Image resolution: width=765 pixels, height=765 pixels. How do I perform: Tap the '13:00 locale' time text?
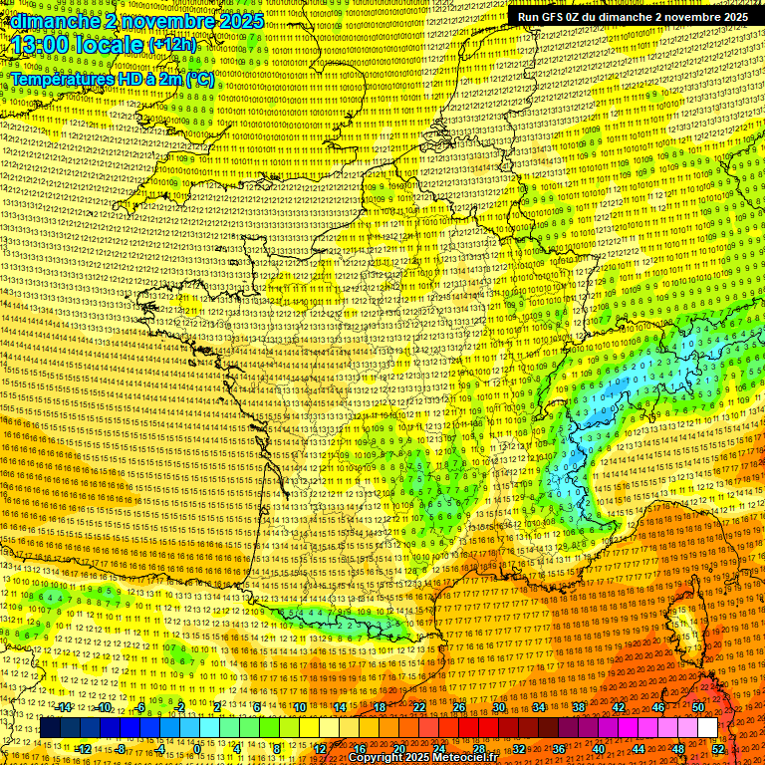(77, 45)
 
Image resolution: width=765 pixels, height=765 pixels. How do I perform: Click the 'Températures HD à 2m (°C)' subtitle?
(113, 79)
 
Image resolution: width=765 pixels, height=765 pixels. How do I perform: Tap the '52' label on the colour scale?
(718, 749)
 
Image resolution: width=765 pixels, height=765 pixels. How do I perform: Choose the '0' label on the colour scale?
(199, 749)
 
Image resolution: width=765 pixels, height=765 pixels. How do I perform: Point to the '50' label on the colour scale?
(698, 707)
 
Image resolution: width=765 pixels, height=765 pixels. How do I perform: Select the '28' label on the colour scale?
(478, 749)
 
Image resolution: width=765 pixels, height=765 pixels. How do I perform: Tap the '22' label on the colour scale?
(419, 707)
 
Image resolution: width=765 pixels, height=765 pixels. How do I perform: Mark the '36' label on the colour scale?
(558, 749)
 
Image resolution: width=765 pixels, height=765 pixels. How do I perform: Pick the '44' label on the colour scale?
(637, 749)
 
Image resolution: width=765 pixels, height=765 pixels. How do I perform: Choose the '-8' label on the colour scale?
(122, 749)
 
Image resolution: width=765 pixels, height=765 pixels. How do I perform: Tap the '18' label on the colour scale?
(380, 707)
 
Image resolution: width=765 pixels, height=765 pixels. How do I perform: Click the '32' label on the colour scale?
(518, 749)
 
